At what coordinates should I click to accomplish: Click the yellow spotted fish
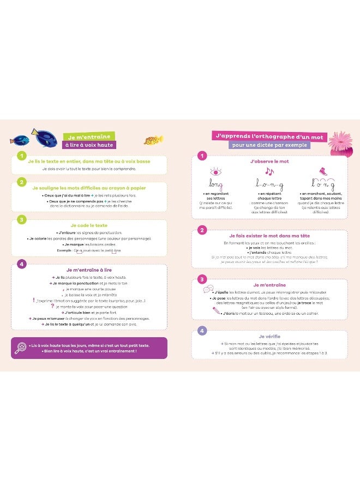click(x=153, y=140)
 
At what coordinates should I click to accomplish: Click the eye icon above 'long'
click(x=216, y=171)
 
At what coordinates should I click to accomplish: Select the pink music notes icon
click(x=269, y=171)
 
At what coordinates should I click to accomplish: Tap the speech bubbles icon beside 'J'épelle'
click(x=207, y=290)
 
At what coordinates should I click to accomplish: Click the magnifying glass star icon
click(x=20, y=348)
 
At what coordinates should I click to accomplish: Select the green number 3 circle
click(x=21, y=220)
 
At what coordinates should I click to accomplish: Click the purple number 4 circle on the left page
click(x=21, y=265)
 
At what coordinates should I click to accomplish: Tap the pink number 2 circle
click(x=202, y=230)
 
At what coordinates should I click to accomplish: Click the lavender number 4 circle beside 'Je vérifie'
click(x=202, y=331)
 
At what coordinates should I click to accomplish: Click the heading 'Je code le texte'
click(x=89, y=225)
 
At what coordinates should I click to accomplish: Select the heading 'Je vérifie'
click(x=269, y=336)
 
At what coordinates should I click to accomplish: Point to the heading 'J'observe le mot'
click(x=269, y=162)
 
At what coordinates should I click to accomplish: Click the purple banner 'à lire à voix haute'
click(x=89, y=145)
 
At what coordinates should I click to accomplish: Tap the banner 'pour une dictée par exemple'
click(x=270, y=145)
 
